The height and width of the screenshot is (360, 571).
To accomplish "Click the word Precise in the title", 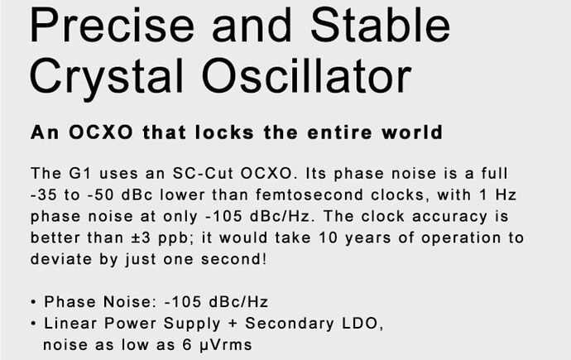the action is click(113, 25).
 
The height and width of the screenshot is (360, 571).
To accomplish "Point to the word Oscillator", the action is click(307, 75).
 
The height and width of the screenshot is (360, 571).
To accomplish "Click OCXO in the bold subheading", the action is click(101, 132).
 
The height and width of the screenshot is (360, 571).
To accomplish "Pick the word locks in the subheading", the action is click(224, 132).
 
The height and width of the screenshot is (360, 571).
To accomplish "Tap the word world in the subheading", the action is click(412, 132).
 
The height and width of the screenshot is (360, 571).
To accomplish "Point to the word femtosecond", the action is click(309, 194).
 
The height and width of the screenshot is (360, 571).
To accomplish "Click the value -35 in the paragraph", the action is click(44, 195).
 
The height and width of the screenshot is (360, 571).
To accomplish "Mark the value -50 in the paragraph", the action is click(100, 195).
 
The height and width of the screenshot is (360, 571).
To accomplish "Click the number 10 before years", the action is click(328, 238).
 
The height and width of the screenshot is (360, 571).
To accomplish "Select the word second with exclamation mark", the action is click(234, 259).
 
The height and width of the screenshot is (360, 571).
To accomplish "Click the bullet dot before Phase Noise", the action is click(33, 303).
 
